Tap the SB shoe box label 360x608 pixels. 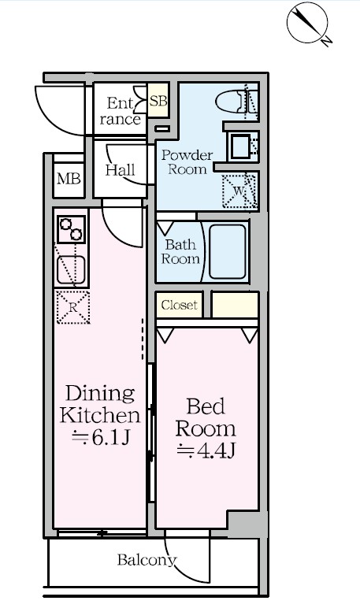click(x=158, y=102)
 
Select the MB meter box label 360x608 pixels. click(x=69, y=179)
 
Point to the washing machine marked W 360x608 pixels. click(x=239, y=191)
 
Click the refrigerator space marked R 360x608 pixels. click(x=73, y=307)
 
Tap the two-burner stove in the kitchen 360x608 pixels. click(x=71, y=229)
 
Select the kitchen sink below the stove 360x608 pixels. click(x=71, y=269)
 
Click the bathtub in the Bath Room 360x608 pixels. click(x=228, y=251)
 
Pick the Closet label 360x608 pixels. click(x=180, y=305)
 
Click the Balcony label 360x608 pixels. click(x=147, y=560)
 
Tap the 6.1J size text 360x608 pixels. click(x=100, y=437)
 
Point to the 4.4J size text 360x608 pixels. click(x=206, y=450)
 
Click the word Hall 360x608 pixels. click(x=121, y=170)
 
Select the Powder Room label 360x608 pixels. click(x=187, y=162)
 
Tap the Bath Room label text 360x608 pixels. click(x=180, y=251)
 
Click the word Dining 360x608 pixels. click(x=100, y=394)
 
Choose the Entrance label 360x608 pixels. click(x=120, y=111)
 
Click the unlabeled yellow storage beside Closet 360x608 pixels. click(x=235, y=305)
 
